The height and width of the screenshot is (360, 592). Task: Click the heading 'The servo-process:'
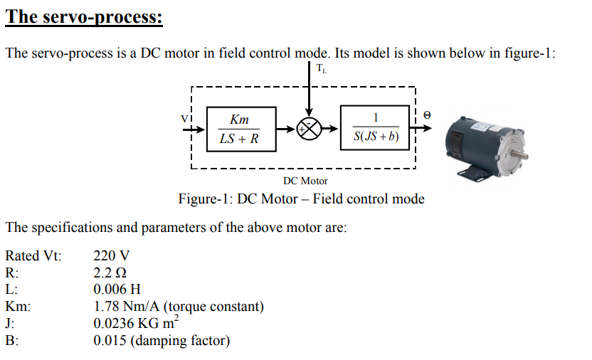(84, 16)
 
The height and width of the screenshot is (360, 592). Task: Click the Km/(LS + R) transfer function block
(239, 129)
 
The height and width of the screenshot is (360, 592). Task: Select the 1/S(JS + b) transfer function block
(375, 129)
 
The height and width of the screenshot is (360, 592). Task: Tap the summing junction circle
(308, 129)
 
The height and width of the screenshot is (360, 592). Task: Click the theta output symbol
(427, 115)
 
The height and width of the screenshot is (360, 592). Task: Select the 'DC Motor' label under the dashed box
(305, 181)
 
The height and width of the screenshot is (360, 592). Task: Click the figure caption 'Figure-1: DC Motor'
(301, 199)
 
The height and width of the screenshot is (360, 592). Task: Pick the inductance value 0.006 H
(117, 290)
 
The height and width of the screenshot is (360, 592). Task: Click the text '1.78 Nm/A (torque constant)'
(179, 307)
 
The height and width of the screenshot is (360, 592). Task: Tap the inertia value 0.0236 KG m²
(134, 323)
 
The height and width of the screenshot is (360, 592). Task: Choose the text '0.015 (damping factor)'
(162, 341)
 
